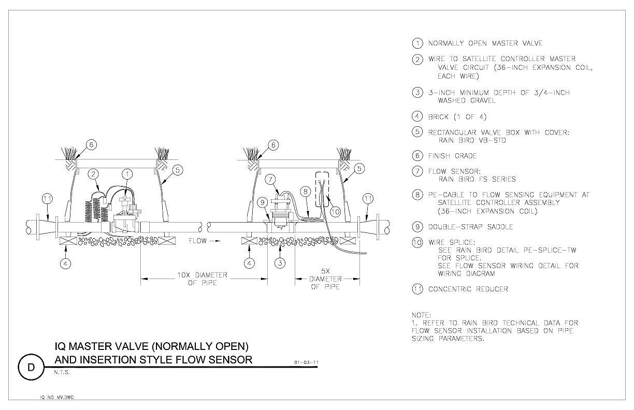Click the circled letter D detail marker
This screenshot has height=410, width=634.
[31, 367]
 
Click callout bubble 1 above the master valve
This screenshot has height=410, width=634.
[127, 174]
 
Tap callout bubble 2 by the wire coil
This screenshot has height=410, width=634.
[93, 174]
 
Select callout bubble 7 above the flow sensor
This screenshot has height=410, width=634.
[270, 179]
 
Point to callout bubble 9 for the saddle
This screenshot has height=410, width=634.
[263, 202]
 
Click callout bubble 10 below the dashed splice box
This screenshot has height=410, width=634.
[336, 212]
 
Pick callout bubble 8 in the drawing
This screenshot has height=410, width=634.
[306, 192]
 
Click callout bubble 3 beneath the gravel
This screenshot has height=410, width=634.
[280, 263]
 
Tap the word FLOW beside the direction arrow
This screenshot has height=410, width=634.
[197, 241]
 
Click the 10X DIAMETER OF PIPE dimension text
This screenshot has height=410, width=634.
[203, 279]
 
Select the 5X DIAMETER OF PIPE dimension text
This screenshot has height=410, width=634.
[325, 279]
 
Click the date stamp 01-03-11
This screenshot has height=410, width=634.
[307, 362]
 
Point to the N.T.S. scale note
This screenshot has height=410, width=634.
[62, 372]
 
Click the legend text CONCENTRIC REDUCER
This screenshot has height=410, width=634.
[468, 289]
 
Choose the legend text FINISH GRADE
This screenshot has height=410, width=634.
[452, 156]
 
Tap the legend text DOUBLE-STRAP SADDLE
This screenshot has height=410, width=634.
[470, 227]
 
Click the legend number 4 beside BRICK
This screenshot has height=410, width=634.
[417, 116]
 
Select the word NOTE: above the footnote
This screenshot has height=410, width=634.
[421, 315]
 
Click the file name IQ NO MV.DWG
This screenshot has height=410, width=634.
[57, 397]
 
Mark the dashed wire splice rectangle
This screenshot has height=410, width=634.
[322, 189]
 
